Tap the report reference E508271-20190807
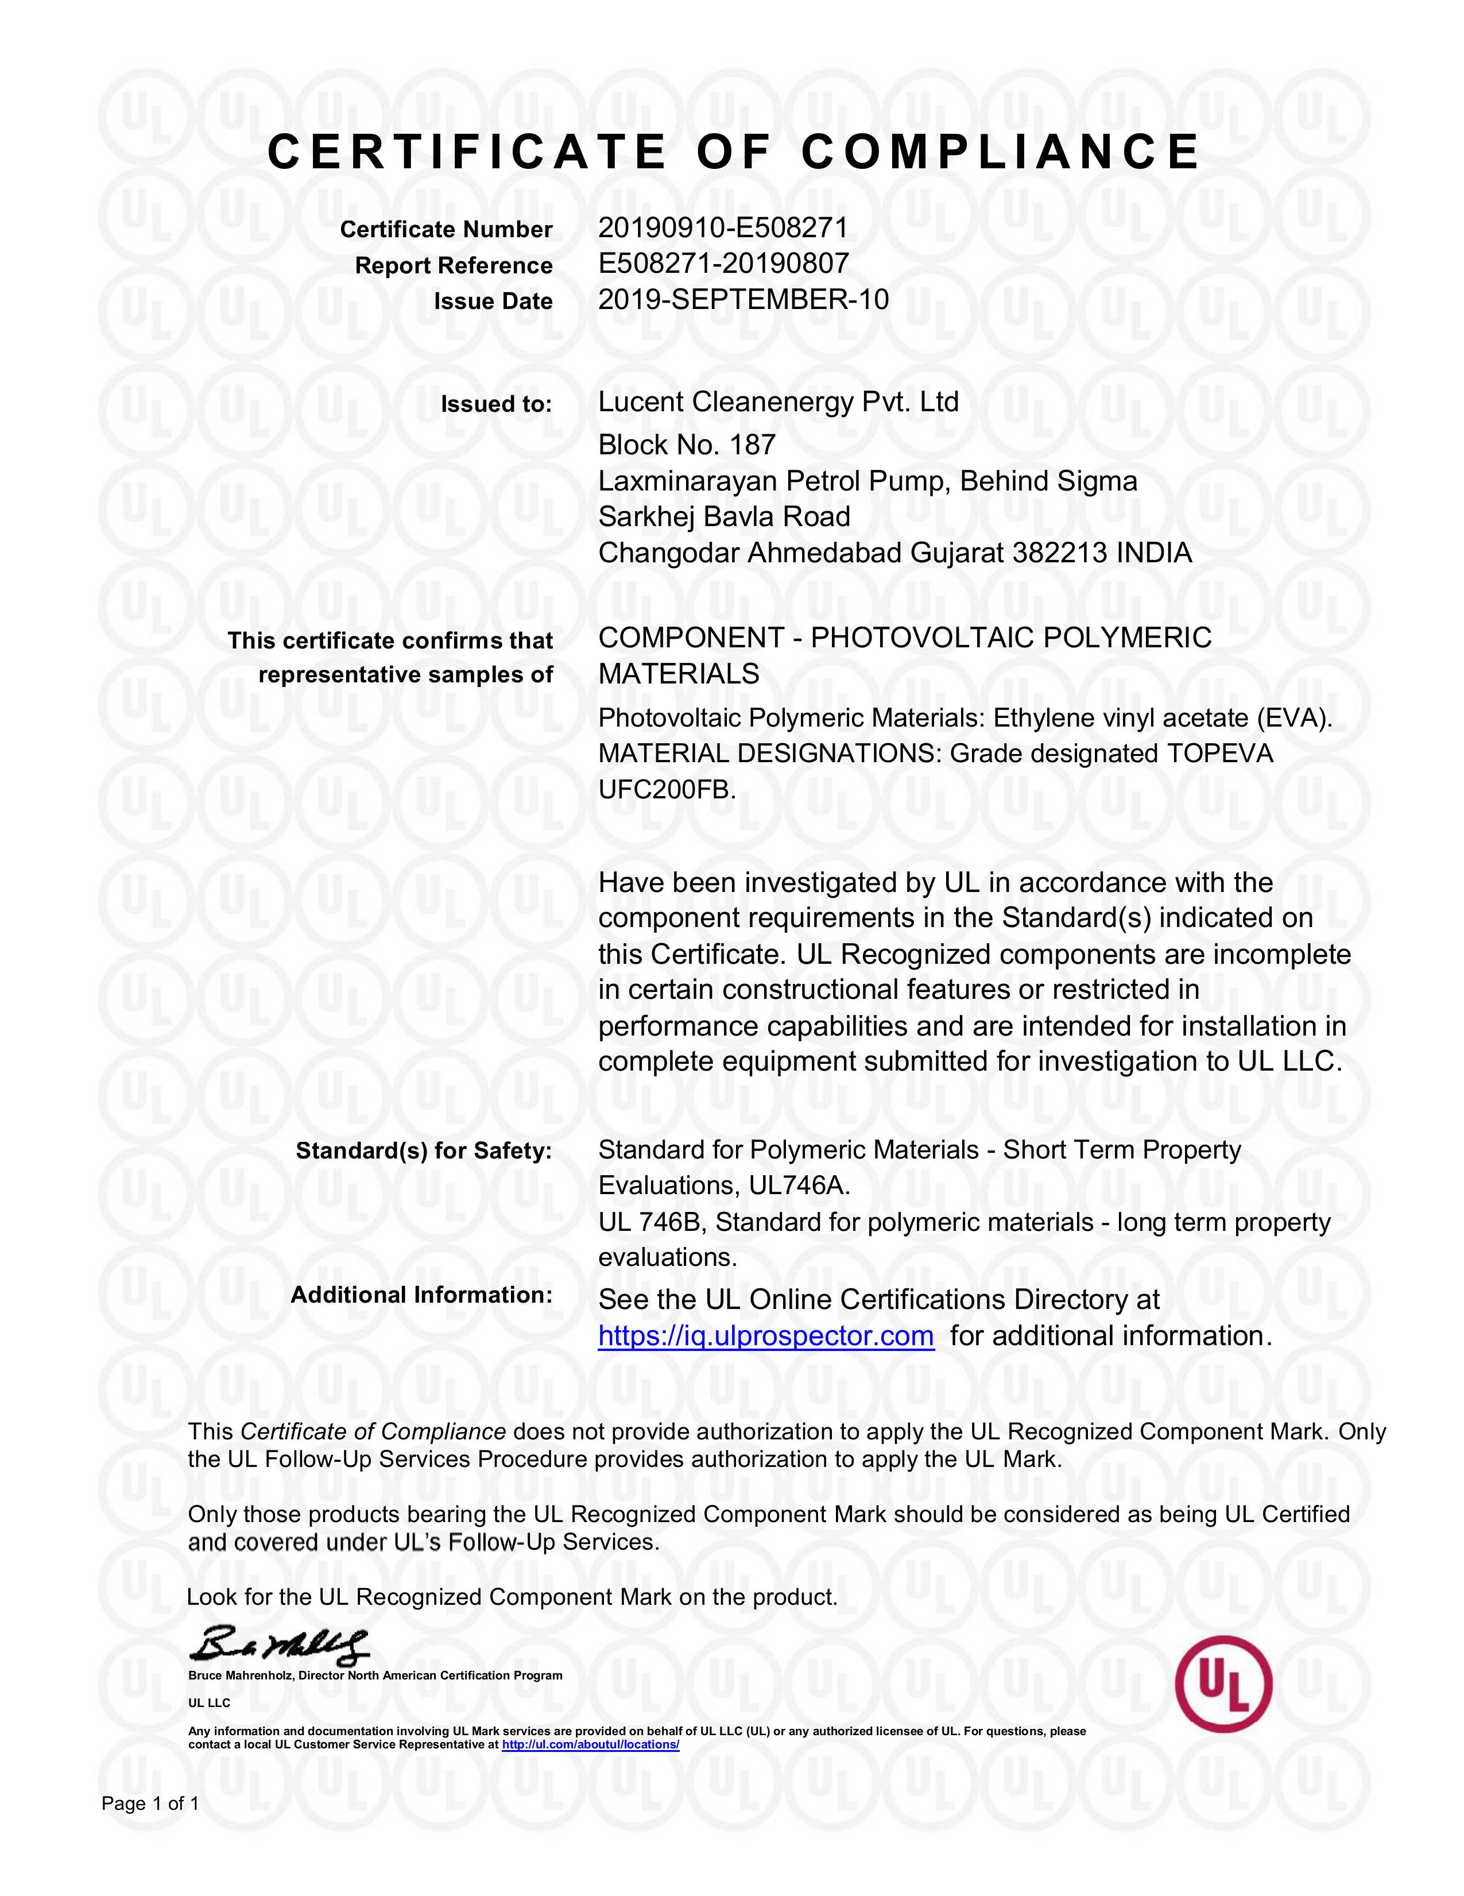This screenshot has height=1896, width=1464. click(723, 263)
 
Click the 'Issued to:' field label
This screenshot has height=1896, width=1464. click(495, 404)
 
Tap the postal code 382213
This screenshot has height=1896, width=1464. click(1060, 553)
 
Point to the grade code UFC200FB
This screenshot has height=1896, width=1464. click(667, 790)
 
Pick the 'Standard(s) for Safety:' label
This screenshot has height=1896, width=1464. click(424, 1151)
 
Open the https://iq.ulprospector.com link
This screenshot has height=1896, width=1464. click(765, 1335)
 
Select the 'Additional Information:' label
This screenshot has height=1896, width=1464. click(421, 1295)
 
